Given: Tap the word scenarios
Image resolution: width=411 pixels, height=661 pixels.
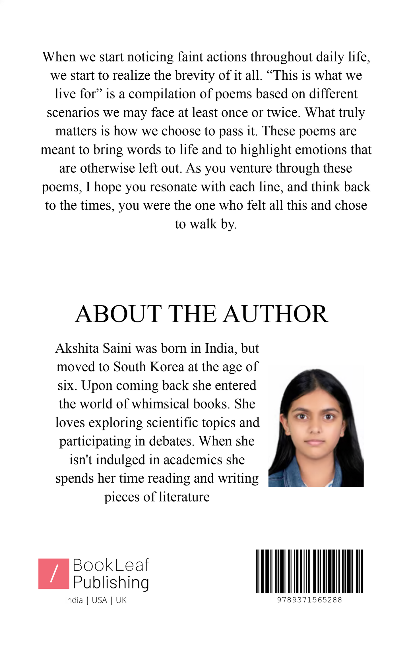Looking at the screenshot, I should point(73,113).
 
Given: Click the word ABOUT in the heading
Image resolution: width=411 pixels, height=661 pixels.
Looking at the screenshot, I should point(118,314).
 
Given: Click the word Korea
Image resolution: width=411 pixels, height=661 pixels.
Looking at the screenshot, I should point(167,367).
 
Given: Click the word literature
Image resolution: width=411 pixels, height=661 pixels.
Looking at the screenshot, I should point(184,497).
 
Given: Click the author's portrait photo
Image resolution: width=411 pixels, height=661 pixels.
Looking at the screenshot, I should point(316,427).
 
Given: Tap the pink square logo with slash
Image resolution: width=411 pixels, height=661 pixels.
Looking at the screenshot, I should point(53,573).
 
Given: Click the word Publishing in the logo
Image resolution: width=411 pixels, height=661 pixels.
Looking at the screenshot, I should point(111,582).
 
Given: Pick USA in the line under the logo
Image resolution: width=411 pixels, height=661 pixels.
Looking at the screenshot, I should point(99,600).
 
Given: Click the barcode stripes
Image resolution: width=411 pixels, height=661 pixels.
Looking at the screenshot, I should point(309,571).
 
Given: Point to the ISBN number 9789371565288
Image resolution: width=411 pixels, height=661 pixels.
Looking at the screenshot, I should point(309,600).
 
